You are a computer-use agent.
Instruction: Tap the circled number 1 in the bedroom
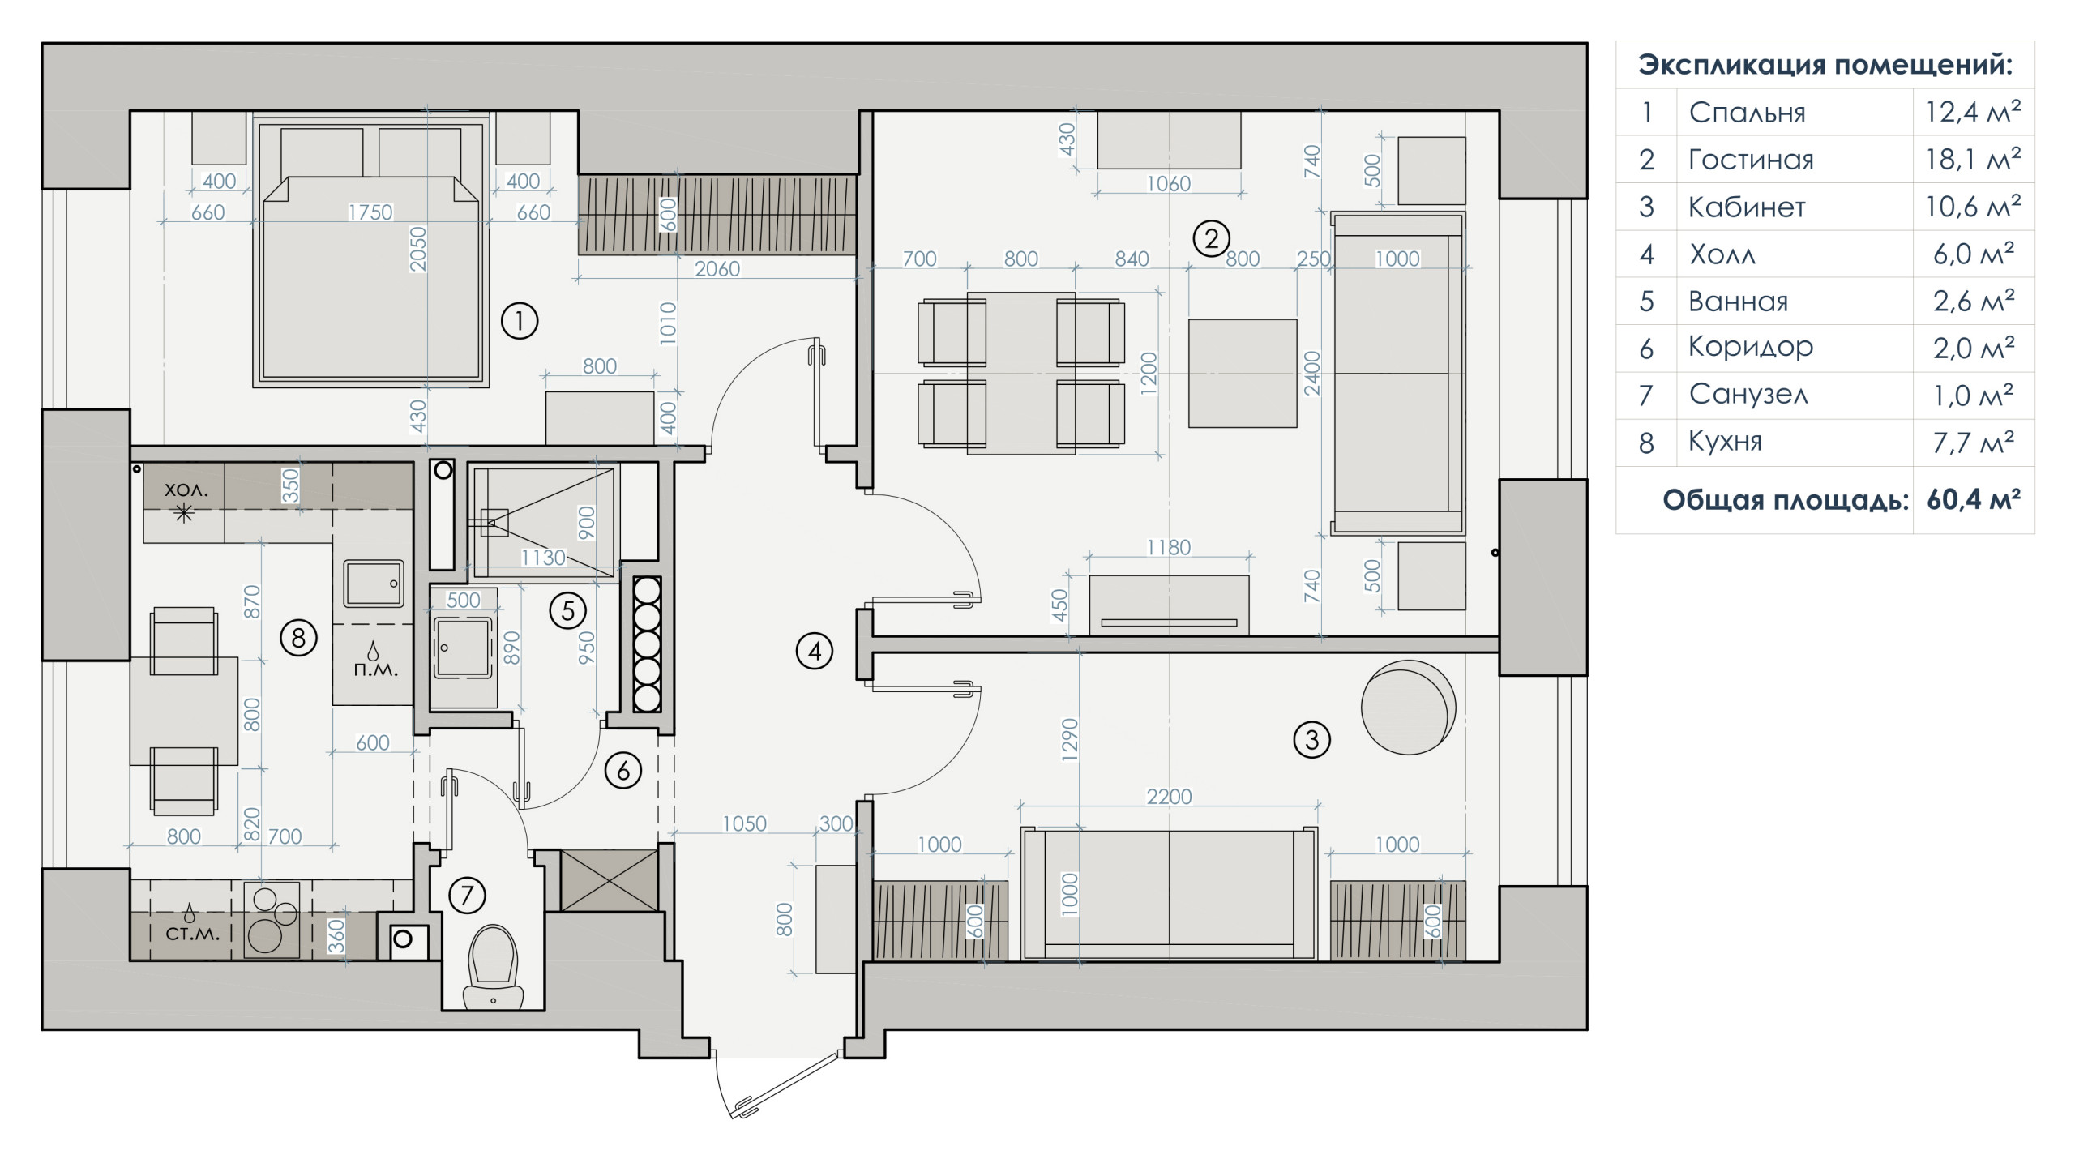tap(520, 321)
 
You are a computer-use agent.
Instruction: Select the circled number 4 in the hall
tap(815, 651)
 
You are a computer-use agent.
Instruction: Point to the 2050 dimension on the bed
tap(418, 249)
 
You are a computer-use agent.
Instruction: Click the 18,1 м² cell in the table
tap(1973, 159)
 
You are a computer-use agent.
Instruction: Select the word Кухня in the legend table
tap(1725, 443)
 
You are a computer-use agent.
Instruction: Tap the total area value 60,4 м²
tap(1973, 500)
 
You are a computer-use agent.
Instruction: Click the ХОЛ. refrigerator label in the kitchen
tap(186, 490)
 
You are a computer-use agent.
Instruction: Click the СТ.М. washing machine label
tap(192, 934)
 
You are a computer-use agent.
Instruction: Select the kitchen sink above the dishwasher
tap(374, 583)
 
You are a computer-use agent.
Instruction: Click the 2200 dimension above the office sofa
tap(1169, 797)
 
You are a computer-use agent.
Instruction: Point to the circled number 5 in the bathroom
tap(567, 610)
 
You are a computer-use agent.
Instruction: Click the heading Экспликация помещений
tap(1825, 65)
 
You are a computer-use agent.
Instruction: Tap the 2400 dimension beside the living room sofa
tap(1312, 373)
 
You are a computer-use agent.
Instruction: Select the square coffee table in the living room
tap(1243, 373)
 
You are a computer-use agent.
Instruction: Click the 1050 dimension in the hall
tap(744, 823)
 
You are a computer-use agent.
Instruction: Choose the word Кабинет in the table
tap(1747, 207)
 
